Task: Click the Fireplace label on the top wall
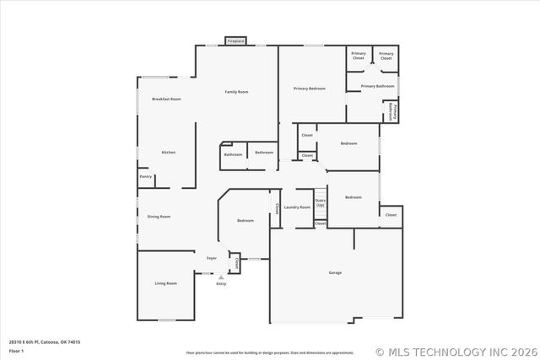pos(235,40)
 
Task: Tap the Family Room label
pos(236,91)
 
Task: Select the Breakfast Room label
pos(166,99)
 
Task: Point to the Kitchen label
pos(169,152)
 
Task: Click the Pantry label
pos(146,177)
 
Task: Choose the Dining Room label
pos(159,217)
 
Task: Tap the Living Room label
pos(165,283)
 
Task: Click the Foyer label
pos(212,258)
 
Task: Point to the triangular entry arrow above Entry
pos(221,277)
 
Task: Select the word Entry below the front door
pos(221,284)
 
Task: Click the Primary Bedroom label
pos(310,89)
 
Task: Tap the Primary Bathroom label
pos(378,86)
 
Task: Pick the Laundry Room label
pos(297,207)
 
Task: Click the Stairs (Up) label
pos(321,203)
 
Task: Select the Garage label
pos(335,272)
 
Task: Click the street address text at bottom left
pos(45,341)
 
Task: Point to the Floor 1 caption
pos(17,350)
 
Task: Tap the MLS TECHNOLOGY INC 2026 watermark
pos(455,352)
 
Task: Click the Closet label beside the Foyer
pos(237,264)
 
